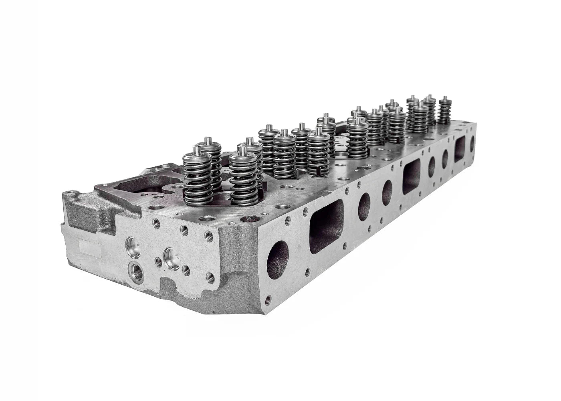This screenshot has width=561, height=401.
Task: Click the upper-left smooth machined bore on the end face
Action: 131,243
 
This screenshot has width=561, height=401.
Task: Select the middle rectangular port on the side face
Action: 411,177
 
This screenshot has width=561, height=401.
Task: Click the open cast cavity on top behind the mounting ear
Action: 136,186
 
